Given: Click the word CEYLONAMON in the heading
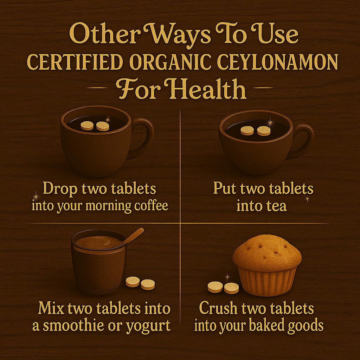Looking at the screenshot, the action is pos(277,62).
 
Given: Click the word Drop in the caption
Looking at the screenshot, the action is pos(60,189).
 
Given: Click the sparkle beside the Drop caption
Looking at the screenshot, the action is pos(36,197).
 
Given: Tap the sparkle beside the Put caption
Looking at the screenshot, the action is pos(307,199).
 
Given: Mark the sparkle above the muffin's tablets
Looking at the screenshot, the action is pos(227,277).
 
